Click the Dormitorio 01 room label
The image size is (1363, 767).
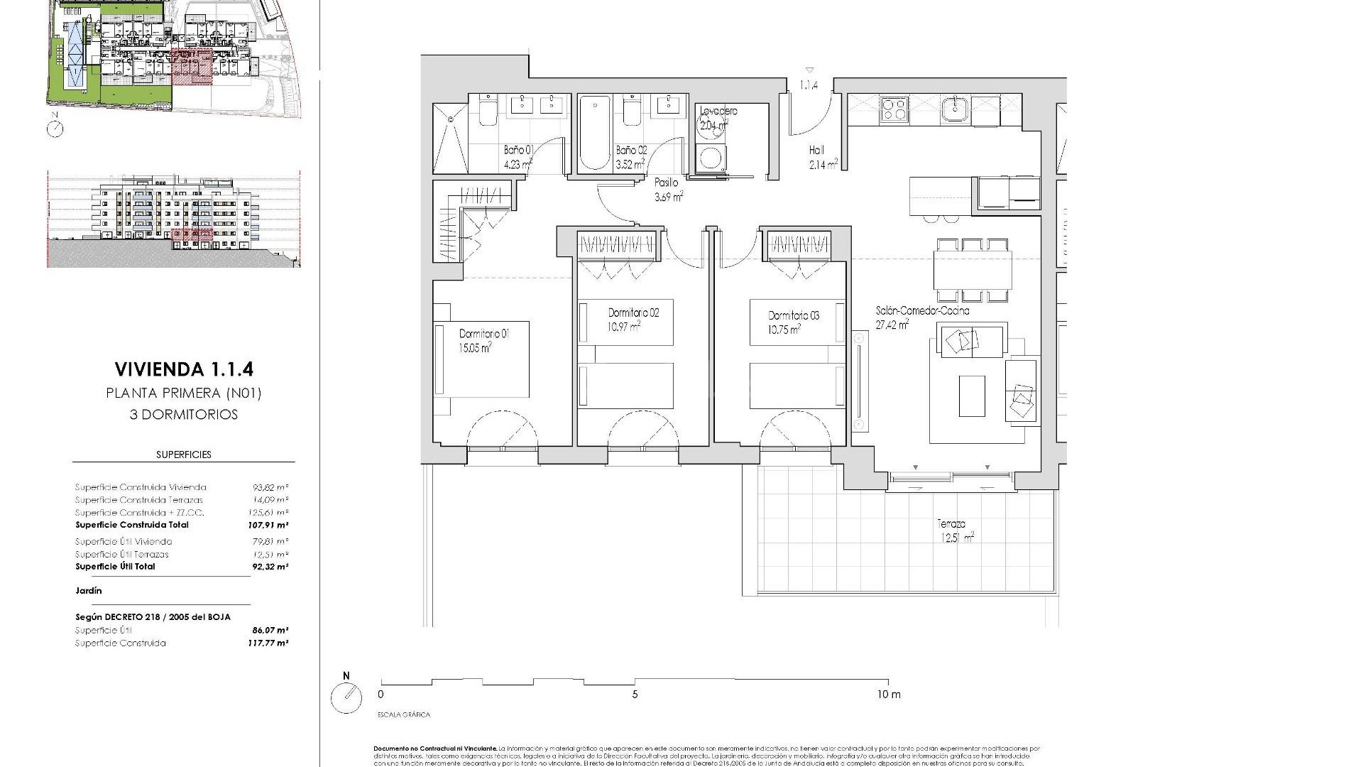tap(484, 333)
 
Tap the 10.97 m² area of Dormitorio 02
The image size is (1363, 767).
tap(624, 326)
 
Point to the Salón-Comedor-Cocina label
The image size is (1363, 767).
tap(922, 311)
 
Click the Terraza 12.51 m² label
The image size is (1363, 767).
tap(954, 531)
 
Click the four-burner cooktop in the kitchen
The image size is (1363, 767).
tap(894, 109)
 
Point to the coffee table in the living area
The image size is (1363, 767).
tap(971, 396)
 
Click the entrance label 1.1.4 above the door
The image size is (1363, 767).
tap(809, 85)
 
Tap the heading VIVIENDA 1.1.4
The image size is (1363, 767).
tap(183, 369)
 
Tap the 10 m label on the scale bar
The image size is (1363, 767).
tap(888, 695)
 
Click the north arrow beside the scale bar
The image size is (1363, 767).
tap(346, 697)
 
